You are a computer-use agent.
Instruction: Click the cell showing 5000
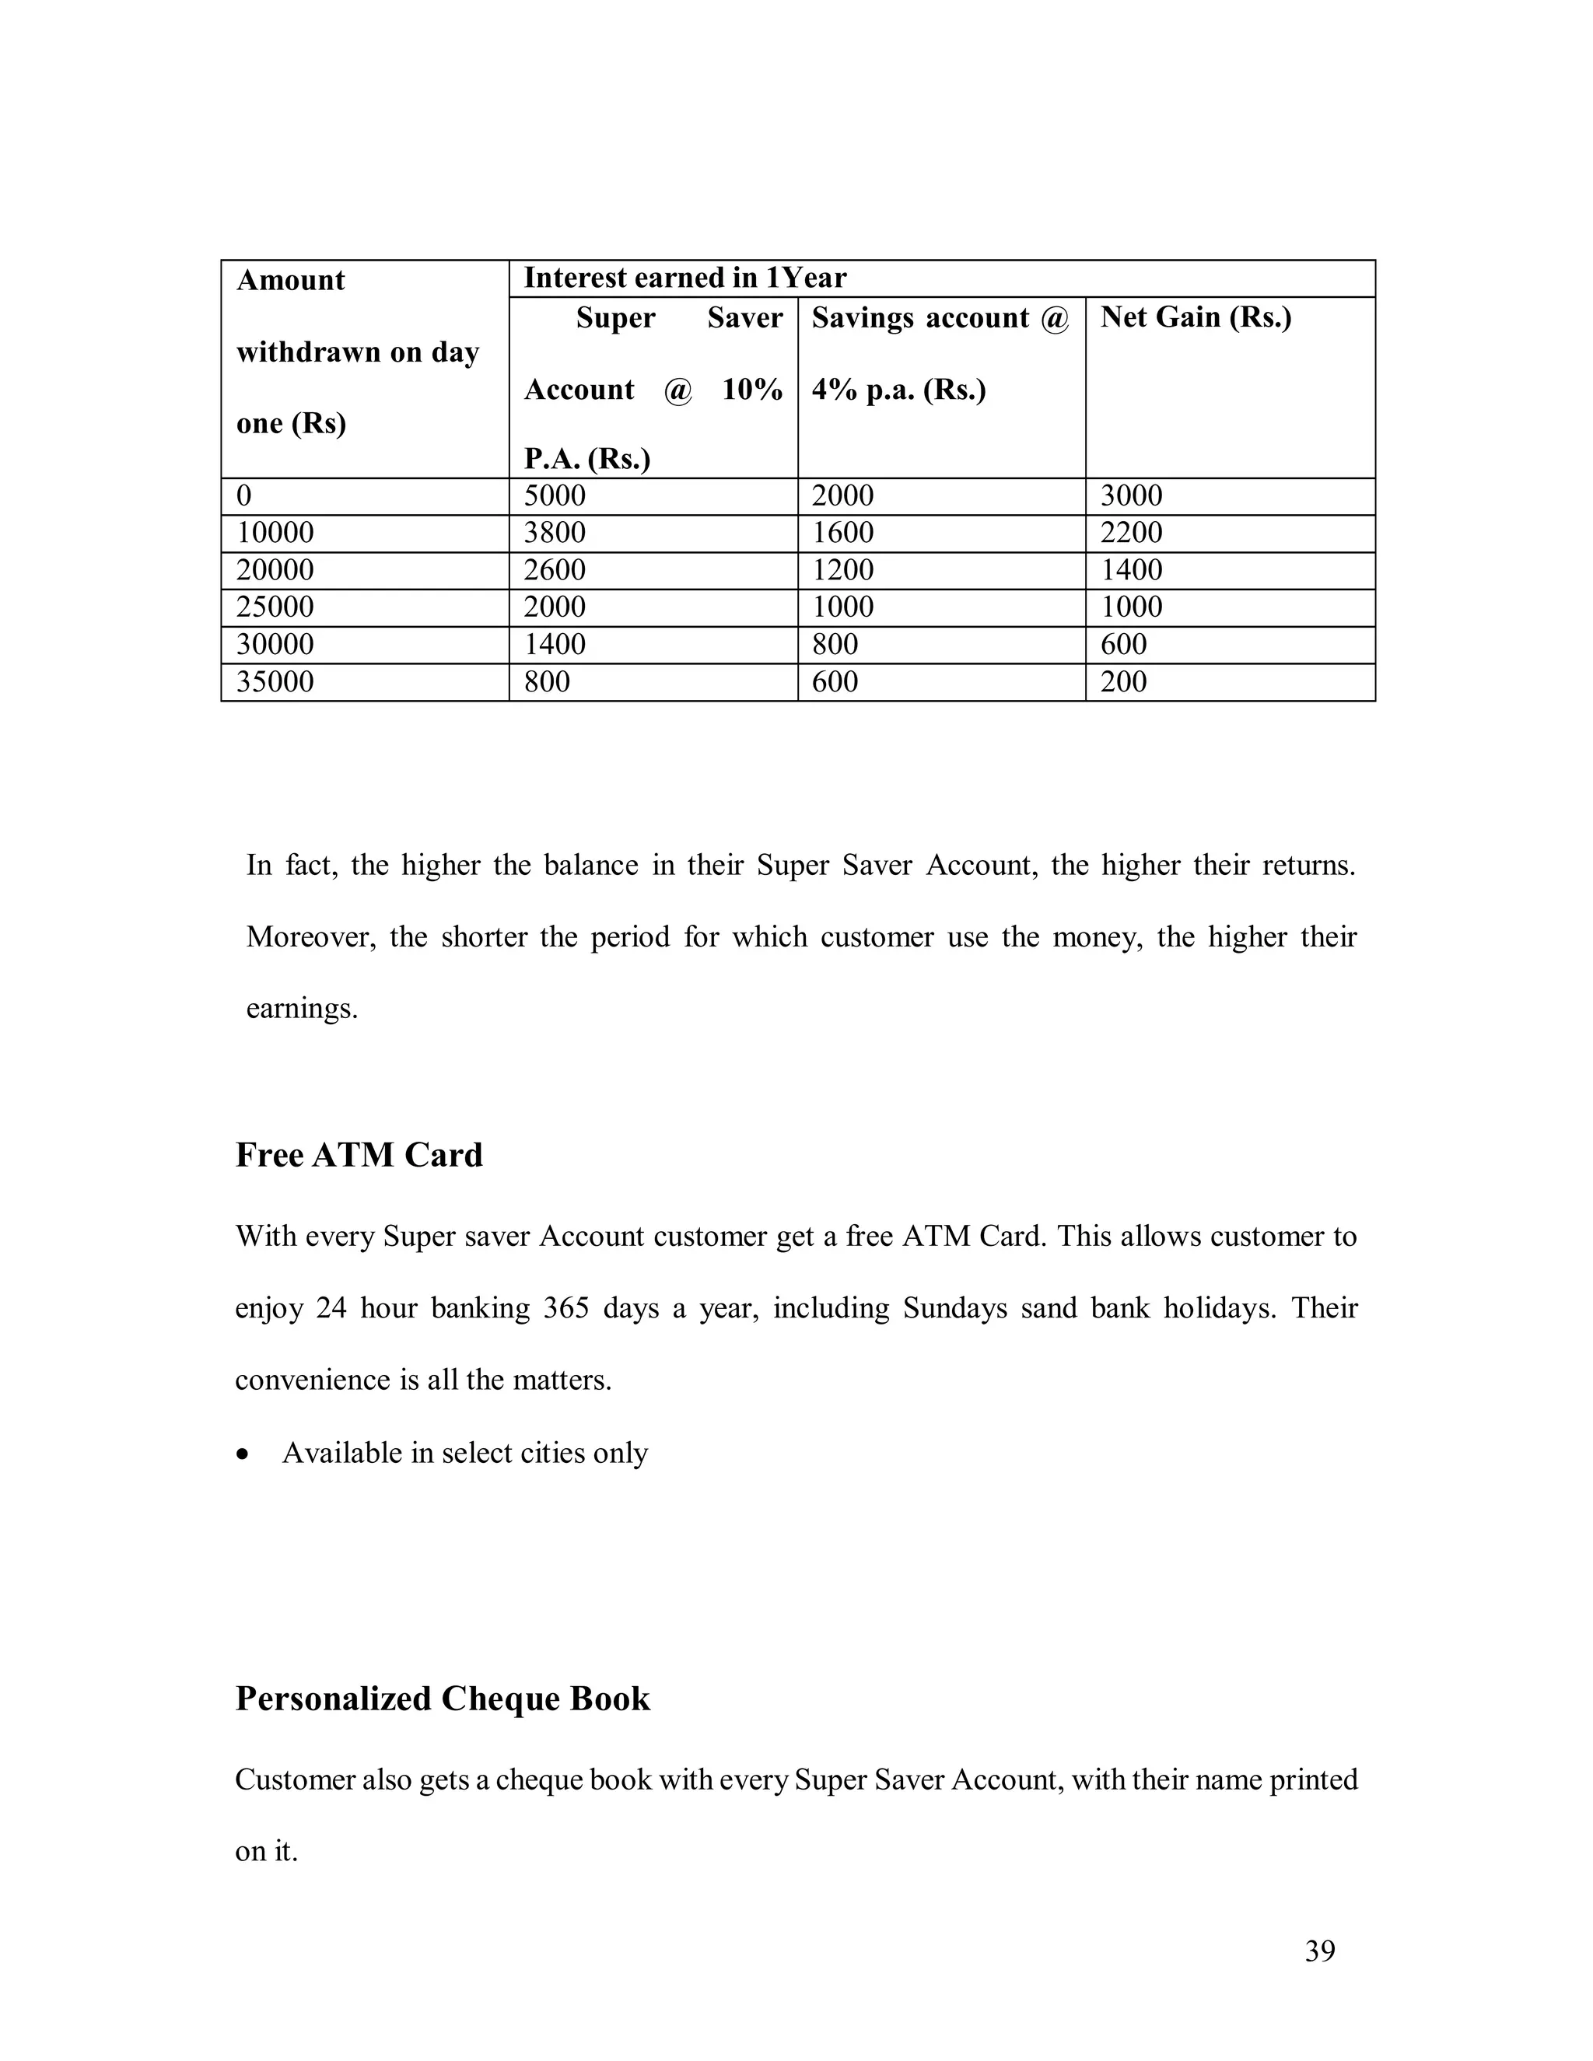coord(555,495)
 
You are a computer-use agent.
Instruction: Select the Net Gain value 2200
coord(1132,532)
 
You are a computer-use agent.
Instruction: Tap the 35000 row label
coord(275,681)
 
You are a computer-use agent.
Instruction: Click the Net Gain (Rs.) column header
coord(1196,317)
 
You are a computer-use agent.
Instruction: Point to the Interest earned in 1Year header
coord(685,278)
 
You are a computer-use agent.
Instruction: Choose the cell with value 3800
coord(555,532)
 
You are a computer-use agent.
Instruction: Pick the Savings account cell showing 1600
coord(842,532)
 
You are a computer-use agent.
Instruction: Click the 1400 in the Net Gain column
coord(1132,570)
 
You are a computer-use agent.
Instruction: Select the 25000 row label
coord(275,607)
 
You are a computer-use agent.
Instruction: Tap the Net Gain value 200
coord(1123,681)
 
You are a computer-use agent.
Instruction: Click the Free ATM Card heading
coord(359,1155)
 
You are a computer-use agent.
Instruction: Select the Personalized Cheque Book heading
coord(443,1699)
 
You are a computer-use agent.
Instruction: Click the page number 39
coord(1319,1951)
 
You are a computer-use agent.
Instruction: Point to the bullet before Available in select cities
coord(244,1454)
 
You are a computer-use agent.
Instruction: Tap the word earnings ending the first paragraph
coord(301,1010)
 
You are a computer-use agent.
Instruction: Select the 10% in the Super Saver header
coord(752,389)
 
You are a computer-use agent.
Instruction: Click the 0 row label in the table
coord(244,495)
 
